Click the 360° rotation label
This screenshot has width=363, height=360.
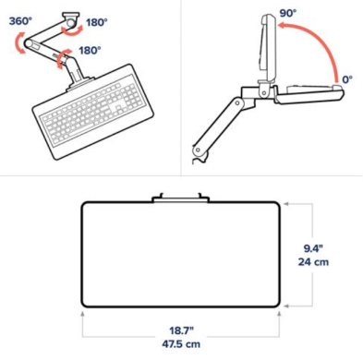20,21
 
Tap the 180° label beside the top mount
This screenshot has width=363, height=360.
97,22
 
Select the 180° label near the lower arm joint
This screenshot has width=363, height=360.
90,50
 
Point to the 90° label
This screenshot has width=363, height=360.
288,13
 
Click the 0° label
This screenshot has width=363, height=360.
347,79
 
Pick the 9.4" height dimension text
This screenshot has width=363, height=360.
313,248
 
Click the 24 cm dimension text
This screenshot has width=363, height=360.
313,262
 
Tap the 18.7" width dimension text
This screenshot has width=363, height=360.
181,330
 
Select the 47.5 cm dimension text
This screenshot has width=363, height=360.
181,344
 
